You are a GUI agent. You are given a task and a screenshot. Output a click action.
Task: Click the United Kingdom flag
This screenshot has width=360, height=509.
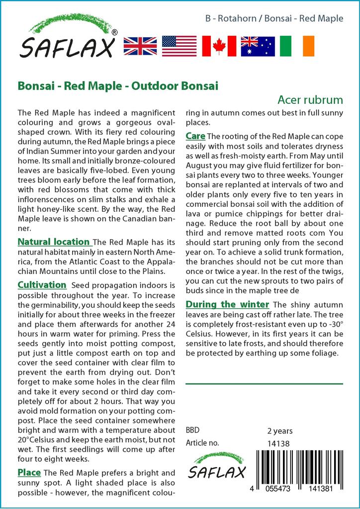click(140, 46)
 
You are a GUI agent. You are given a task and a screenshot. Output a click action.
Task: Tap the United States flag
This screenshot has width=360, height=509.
click(179, 46)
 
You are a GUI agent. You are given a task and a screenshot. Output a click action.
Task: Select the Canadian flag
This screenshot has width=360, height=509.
click(219, 46)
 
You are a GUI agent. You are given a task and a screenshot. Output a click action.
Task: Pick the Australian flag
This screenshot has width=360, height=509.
click(258, 46)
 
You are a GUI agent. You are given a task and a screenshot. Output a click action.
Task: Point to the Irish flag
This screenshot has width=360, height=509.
click(297, 46)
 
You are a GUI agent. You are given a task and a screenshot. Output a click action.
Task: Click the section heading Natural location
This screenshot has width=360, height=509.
click(54, 242)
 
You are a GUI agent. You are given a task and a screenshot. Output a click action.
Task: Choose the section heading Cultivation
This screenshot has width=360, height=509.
click(42, 285)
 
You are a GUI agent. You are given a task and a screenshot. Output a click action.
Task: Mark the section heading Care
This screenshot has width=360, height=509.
click(195, 136)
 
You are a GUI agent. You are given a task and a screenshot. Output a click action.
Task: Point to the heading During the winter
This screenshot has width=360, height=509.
click(227, 304)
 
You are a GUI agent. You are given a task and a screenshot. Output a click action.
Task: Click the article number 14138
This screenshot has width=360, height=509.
click(278, 443)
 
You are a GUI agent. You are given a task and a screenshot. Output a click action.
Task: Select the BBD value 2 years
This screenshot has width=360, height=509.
click(280, 431)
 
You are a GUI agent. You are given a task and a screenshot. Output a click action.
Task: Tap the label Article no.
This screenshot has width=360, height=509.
click(202, 443)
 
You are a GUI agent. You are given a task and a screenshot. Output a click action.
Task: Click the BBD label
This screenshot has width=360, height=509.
click(192, 430)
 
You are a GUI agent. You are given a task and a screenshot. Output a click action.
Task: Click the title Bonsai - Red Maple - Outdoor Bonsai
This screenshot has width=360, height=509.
click(118, 85)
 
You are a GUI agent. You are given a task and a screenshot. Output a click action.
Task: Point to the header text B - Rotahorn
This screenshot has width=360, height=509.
click(231, 19)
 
